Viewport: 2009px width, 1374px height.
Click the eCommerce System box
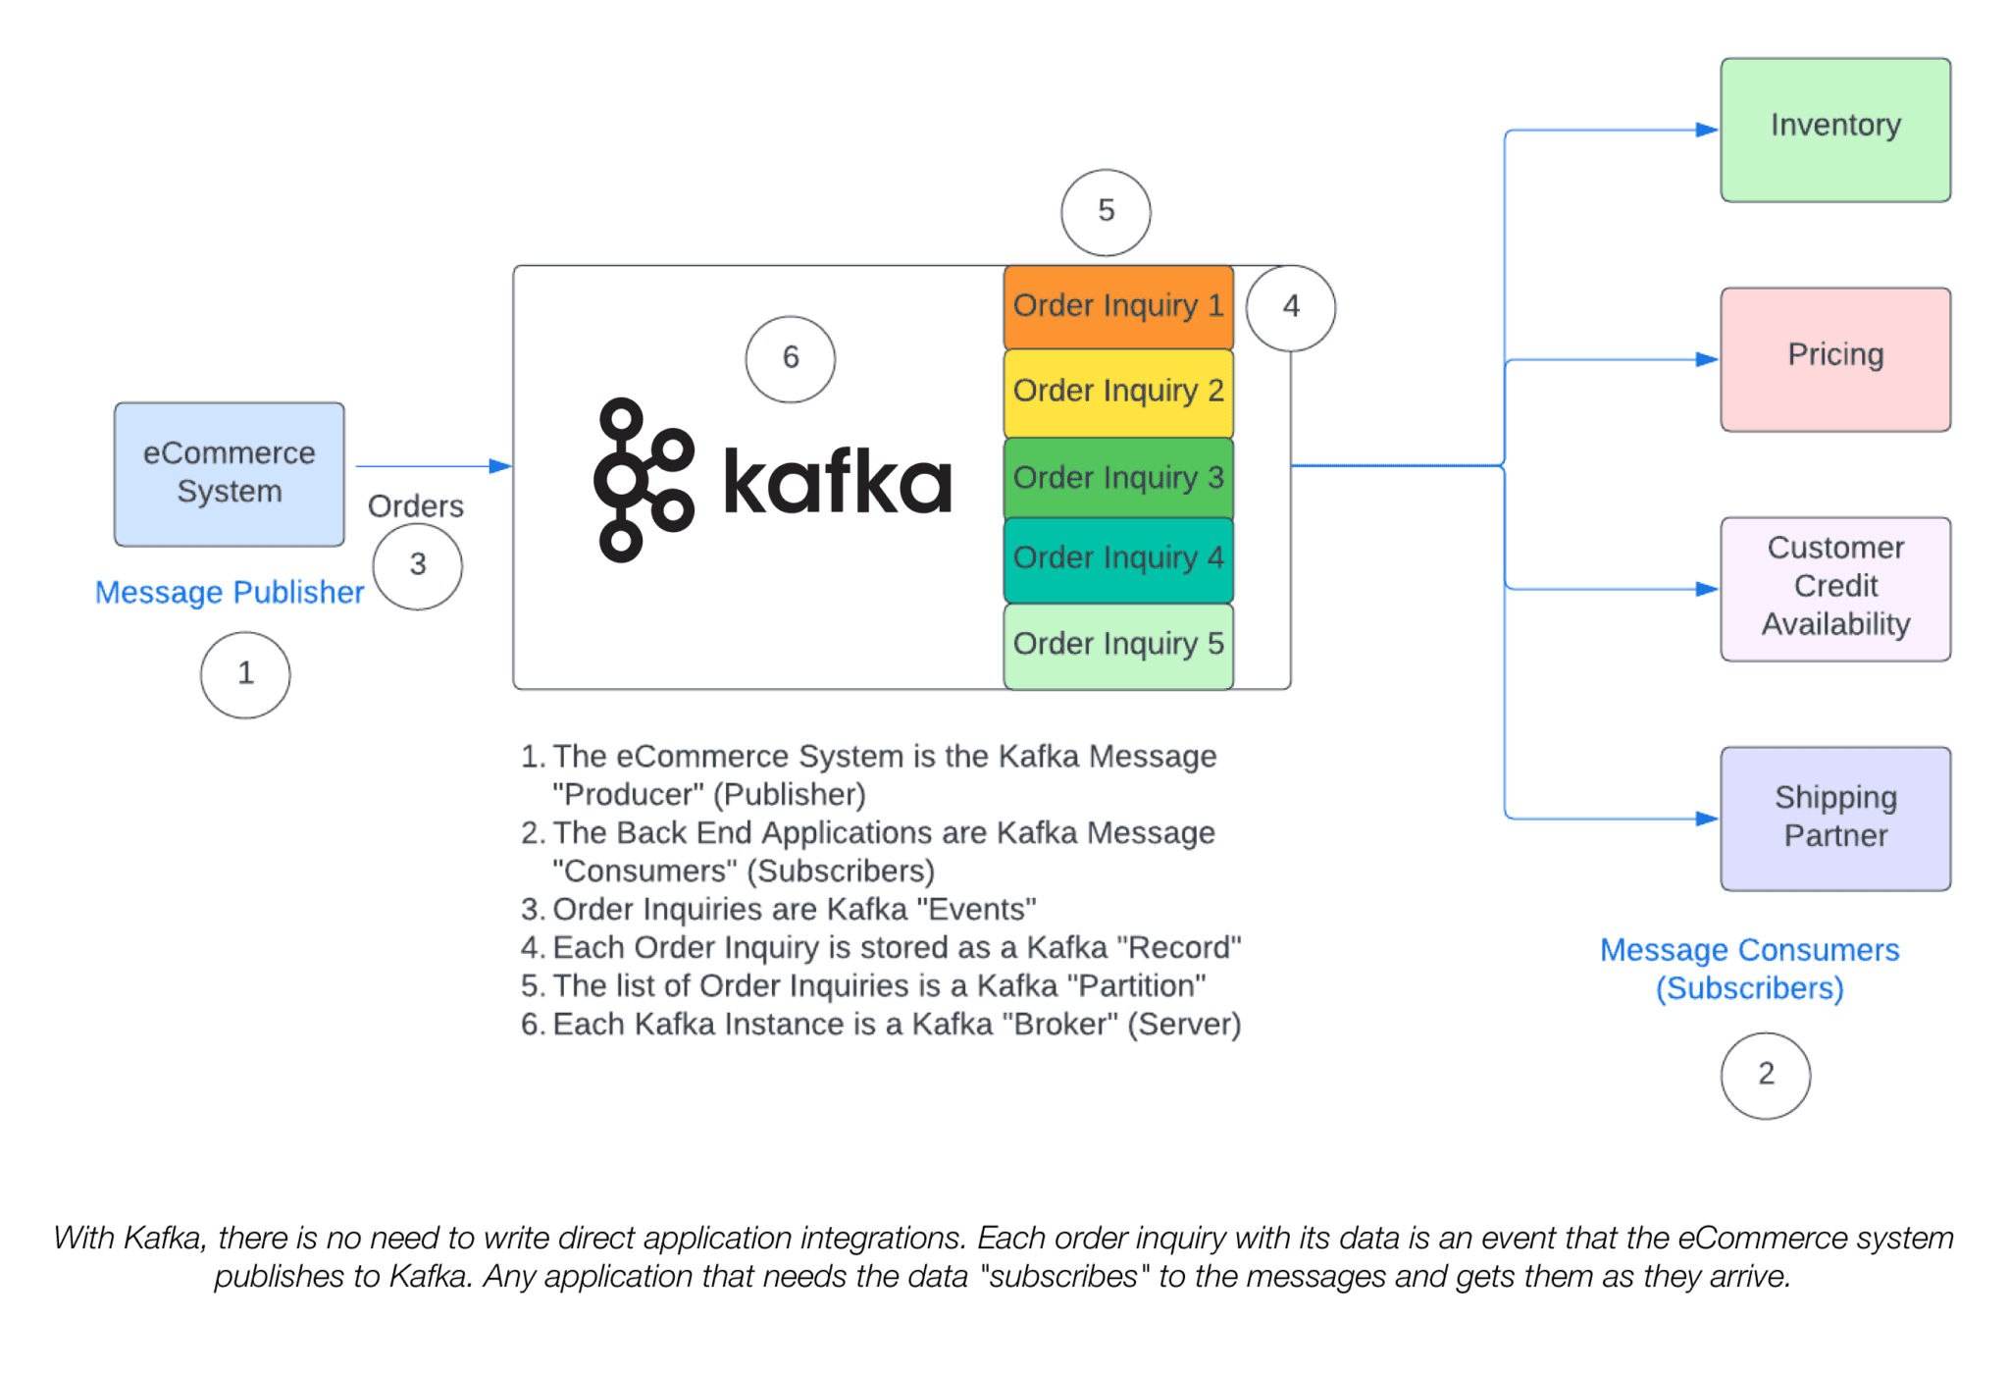pos(229,474)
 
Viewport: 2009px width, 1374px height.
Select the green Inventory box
pos(1834,130)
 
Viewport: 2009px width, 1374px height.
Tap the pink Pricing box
pos(1834,359)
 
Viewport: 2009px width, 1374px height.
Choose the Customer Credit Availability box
pos(1834,589)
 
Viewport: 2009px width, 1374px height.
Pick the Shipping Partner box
pos(1834,819)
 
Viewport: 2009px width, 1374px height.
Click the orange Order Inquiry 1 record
pos(1117,306)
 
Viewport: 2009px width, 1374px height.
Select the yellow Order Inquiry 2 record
pos(1117,392)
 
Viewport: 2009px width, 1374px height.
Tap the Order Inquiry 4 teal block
pos(1117,558)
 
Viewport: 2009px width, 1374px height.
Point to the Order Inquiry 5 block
pos(1117,645)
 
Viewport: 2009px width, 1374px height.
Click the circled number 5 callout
pos(1106,212)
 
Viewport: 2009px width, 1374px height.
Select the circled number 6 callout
pos(790,358)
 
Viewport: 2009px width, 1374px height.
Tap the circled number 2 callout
pos(1765,1075)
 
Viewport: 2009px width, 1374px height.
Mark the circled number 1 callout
pos(245,674)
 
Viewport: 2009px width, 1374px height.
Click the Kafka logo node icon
pos(643,480)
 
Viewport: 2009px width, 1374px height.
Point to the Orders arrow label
pos(415,506)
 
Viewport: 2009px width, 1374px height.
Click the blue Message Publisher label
pos(229,593)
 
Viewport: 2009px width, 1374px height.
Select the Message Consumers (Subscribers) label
pos(1749,969)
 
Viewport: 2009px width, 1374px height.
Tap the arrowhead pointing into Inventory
pos(1706,130)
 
